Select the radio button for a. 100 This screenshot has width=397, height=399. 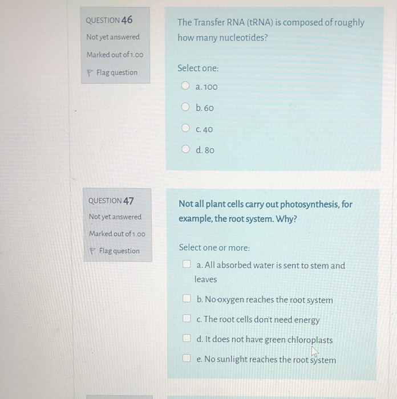pyautogui.click(x=185, y=87)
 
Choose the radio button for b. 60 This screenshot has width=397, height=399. pyautogui.click(x=185, y=107)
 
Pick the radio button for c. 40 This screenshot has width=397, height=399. pyautogui.click(x=185, y=129)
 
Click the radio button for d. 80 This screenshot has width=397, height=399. pyautogui.click(x=185, y=150)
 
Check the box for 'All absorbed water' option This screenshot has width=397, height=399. pyautogui.click(x=186, y=265)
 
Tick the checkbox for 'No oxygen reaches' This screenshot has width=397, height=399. pyautogui.click(x=187, y=299)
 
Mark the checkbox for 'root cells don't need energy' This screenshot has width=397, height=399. pyautogui.click(x=187, y=319)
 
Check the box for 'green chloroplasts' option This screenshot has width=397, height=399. pyautogui.click(x=187, y=340)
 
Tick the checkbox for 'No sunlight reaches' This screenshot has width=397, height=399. pyautogui.click(x=187, y=359)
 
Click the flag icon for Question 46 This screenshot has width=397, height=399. pyautogui.click(x=90, y=72)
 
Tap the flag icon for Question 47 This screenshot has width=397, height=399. pyautogui.click(x=92, y=251)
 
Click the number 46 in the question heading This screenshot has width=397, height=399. pyautogui.click(x=126, y=20)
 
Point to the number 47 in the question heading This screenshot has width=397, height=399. pyautogui.click(x=129, y=201)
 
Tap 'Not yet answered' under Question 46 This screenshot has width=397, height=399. pyautogui.click(x=112, y=37)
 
